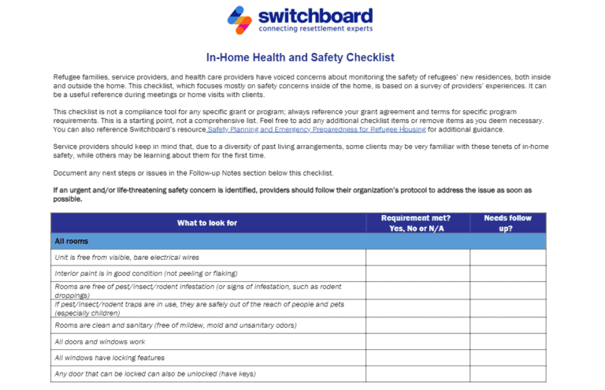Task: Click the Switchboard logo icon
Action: click(241, 20)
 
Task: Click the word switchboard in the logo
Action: click(315, 16)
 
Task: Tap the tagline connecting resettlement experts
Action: click(315, 29)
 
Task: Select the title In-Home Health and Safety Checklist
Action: click(300, 58)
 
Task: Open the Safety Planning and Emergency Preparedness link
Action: click(316, 129)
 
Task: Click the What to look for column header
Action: click(207, 223)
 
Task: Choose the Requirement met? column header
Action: click(415, 223)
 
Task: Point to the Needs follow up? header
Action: click(507, 223)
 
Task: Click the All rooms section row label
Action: click(71, 241)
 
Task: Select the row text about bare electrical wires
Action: click(127, 258)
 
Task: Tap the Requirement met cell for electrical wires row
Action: click(417, 258)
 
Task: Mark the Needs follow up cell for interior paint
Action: click(507, 273)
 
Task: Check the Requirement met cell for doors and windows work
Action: click(417, 342)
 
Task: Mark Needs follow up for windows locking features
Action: click(507, 358)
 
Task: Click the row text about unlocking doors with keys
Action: click(155, 373)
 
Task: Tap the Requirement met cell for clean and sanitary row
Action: click(417, 325)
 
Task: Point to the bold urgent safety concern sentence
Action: click(291, 195)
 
